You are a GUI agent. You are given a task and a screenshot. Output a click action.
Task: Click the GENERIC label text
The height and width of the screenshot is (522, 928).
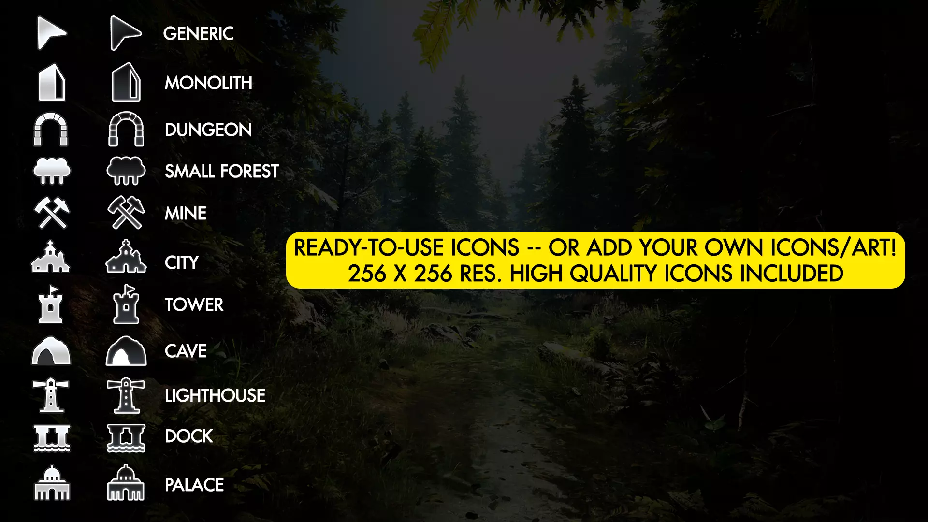198,33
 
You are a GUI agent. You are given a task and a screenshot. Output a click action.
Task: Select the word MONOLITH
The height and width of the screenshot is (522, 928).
208,83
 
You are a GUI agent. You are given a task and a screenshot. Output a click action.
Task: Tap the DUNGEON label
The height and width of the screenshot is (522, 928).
208,130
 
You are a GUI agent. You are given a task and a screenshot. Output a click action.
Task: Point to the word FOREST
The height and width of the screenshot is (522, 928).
249,171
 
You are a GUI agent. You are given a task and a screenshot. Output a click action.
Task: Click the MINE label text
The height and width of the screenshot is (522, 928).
186,213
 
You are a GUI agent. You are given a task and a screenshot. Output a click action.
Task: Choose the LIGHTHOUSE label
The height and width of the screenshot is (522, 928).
215,395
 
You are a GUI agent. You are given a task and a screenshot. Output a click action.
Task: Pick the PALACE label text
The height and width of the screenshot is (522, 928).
194,485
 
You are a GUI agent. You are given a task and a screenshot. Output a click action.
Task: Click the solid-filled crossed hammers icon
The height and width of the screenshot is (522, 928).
52,213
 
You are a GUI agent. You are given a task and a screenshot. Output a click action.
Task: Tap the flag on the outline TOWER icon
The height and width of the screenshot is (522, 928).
129,289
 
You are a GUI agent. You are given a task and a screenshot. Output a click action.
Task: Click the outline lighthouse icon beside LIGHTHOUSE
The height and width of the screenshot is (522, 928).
126,395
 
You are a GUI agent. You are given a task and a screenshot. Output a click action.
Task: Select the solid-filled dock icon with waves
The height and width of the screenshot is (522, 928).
52,439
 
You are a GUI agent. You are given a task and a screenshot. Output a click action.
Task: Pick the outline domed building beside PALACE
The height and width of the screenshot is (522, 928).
126,483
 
